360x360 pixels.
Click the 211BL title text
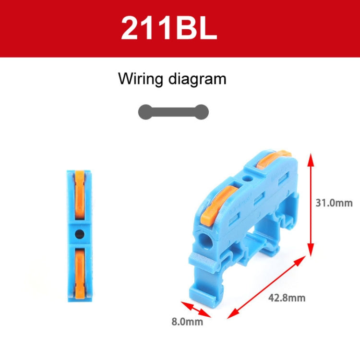point(169,29)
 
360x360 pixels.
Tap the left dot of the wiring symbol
point(144,112)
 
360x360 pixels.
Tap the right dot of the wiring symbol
point(202,112)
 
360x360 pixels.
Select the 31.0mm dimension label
point(334,203)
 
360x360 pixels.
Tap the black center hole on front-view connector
point(80,234)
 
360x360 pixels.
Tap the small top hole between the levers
point(248,179)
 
